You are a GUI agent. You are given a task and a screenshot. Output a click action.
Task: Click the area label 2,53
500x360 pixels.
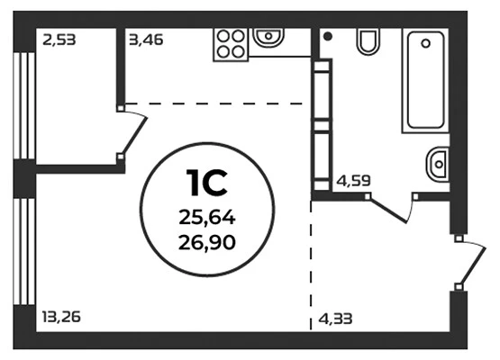(x=59, y=40)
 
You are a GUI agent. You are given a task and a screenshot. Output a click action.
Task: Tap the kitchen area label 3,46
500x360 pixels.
(x=146, y=40)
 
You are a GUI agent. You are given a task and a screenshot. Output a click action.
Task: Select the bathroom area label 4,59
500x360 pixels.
(x=354, y=181)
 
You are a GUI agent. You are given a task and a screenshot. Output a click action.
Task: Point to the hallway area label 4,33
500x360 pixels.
(x=335, y=319)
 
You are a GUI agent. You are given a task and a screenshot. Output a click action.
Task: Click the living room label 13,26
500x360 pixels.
(x=61, y=317)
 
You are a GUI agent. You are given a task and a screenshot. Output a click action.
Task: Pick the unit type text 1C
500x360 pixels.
(x=207, y=183)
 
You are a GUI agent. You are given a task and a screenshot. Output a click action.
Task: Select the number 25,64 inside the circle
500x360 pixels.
(x=207, y=218)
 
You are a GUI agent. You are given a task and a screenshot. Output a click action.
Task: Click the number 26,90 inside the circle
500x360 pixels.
(x=207, y=242)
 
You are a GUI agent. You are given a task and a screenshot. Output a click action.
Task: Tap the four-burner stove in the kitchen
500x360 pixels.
(x=231, y=44)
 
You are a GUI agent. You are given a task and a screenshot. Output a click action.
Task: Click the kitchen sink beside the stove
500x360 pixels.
(x=268, y=36)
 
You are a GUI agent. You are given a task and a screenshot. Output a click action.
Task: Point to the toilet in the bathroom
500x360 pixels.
(x=368, y=40)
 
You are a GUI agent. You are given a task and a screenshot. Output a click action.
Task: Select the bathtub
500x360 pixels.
(x=425, y=80)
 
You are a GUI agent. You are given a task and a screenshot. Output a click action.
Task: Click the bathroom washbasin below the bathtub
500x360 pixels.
(x=438, y=165)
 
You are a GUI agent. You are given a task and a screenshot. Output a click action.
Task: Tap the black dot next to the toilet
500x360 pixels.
(x=328, y=36)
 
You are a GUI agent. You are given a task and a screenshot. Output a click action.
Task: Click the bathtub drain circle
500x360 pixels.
(x=425, y=43)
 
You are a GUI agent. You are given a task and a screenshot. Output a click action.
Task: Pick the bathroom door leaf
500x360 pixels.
(x=388, y=210)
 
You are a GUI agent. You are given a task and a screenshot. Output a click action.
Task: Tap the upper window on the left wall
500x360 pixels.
(x=24, y=105)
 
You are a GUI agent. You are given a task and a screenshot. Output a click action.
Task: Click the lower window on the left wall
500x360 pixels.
(x=24, y=252)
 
